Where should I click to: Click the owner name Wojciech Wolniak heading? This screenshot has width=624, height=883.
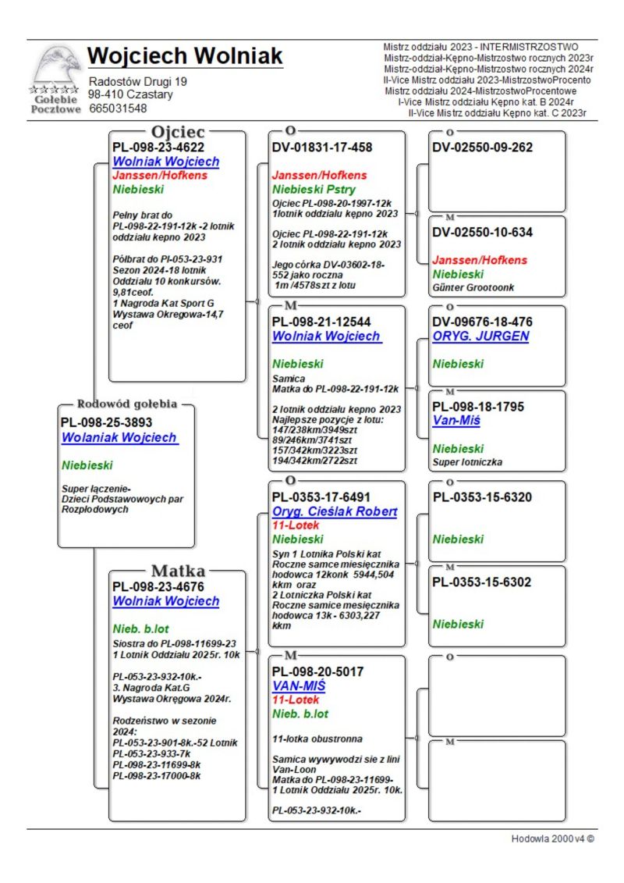click(185, 56)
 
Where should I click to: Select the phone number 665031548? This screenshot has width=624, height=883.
click(118, 109)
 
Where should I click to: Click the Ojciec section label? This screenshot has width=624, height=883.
click(179, 131)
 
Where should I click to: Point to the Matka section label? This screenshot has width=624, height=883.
click(178, 570)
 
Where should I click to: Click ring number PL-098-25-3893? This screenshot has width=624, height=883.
click(106, 422)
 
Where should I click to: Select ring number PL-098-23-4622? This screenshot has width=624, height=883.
click(158, 146)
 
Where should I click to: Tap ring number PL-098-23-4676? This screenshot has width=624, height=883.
click(158, 586)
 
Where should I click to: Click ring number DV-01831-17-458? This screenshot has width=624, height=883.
click(322, 147)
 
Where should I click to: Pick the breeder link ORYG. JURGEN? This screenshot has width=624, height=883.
click(480, 336)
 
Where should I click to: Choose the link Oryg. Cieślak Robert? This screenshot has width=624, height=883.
click(335, 511)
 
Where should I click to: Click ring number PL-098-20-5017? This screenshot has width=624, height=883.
click(317, 671)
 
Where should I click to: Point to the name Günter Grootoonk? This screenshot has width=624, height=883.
click(473, 287)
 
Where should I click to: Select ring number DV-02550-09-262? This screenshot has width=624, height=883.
click(483, 147)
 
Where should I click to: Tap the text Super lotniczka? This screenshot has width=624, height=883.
click(468, 462)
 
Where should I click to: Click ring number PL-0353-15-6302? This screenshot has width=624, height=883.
click(482, 582)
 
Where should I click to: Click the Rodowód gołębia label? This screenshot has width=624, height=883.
click(127, 404)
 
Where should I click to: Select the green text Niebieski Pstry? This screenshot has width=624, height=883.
click(314, 190)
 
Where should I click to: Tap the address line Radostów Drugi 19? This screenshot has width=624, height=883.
click(138, 81)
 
